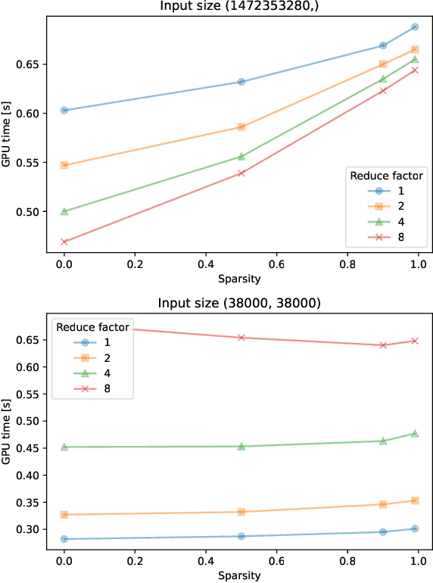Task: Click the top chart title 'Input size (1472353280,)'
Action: (x=240, y=6)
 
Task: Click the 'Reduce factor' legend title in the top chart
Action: (x=386, y=176)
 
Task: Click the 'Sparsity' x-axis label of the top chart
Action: (x=240, y=278)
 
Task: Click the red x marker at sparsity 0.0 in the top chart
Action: (x=64, y=242)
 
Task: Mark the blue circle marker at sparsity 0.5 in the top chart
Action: (x=241, y=82)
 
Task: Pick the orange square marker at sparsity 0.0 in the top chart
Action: (x=64, y=165)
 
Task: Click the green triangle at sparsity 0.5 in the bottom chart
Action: (x=241, y=447)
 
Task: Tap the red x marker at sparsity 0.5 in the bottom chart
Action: (x=241, y=338)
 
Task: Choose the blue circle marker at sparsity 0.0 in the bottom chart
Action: (x=64, y=539)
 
